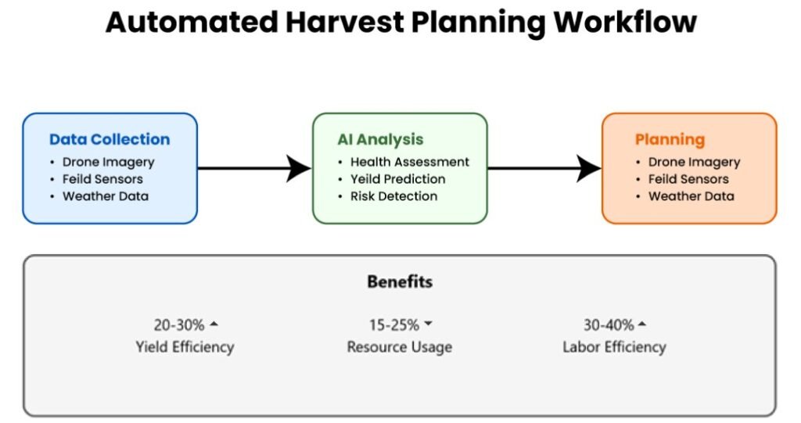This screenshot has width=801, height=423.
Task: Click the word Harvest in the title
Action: (344, 23)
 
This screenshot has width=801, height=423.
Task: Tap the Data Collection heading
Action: (110, 139)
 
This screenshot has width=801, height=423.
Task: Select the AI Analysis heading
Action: (380, 139)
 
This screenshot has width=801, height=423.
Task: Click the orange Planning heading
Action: (670, 140)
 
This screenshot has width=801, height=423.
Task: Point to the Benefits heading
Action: (400, 281)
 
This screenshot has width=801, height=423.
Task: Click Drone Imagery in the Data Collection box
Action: (108, 163)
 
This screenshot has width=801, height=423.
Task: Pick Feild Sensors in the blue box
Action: (102, 179)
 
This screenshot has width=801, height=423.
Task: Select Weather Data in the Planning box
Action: (691, 196)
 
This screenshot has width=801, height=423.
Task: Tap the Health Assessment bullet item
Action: (409, 162)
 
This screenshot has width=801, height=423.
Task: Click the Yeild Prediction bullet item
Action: (397, 179)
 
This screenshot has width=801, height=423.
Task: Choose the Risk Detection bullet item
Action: (393, 196)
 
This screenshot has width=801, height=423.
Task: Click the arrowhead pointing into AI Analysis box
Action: (298, 168)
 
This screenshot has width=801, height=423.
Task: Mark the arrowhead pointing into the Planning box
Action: (588, 168)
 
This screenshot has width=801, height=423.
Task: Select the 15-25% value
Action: (394, 325)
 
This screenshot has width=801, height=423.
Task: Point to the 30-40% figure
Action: (609, 325)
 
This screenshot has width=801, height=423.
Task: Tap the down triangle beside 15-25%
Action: (428, 324)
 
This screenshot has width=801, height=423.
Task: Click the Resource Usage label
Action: (400, 347)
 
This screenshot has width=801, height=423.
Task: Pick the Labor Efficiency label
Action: (614, 347)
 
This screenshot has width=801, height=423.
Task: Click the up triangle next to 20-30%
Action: (214, 324)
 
